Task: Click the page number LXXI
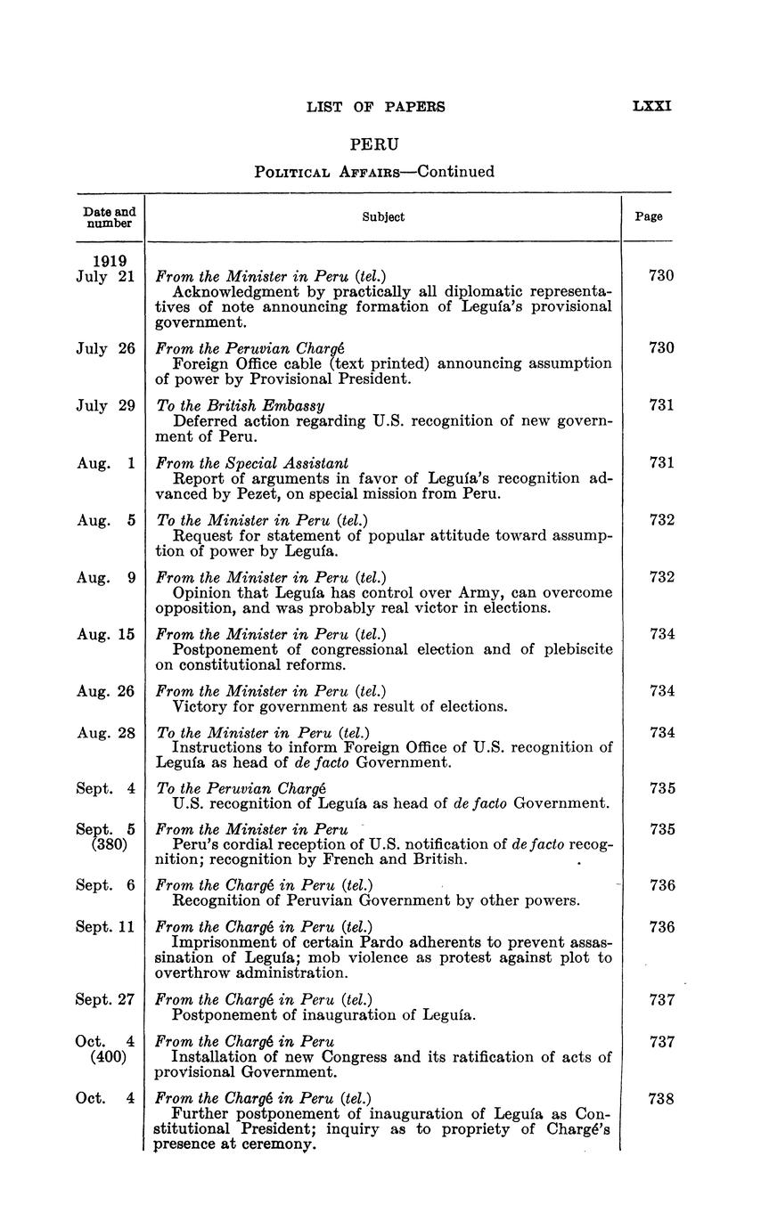click(x=651, y=107)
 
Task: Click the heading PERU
click(x=374, y=143)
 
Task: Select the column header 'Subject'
click(x=383, y=216)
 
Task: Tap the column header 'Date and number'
click(x=110, y=217)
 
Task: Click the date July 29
click(x=106, y=405)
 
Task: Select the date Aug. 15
click(x=106, y=634)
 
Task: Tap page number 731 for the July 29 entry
click(x=661, y=405)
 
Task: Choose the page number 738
click(x=661, y=1099)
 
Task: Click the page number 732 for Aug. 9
click(x=661, y=577)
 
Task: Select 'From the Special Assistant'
click(x=252, y=462)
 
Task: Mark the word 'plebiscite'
click(x=576, y=649)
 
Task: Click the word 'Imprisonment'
click(x=220, y=942)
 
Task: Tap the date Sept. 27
click(x=106, y=999)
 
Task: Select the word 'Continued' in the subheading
click(x=455, y=172)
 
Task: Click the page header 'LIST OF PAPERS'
click(x=376, y=107)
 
